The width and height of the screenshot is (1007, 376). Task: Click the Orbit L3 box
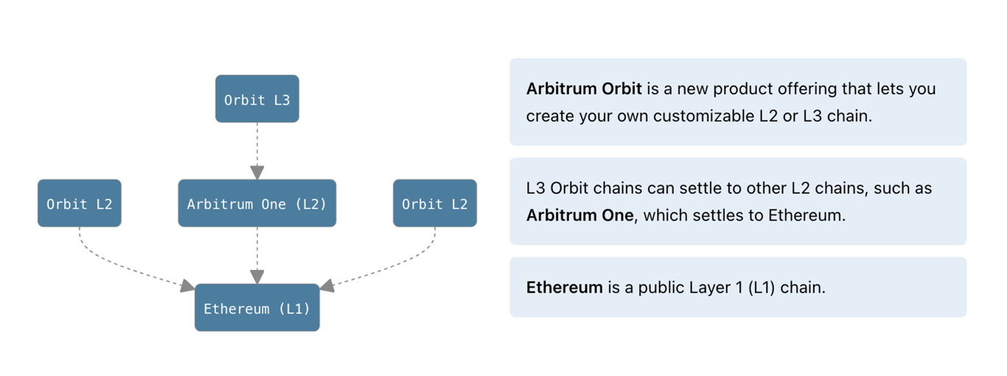tap(257, 99)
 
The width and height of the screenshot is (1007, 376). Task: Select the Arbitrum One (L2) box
tap(257, 203)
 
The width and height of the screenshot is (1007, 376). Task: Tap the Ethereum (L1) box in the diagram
tap(257, 308)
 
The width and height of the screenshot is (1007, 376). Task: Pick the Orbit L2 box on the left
tap(79, 203)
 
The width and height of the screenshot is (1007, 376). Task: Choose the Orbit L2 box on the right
tap(434, 203)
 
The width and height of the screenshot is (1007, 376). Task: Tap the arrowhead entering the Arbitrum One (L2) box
tap(257, 173)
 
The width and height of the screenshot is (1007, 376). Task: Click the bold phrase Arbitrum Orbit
tap(584, 89)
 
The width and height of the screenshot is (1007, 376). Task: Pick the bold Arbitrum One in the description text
tap(579, 215)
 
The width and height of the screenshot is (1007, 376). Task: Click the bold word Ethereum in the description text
tap(564, 288)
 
